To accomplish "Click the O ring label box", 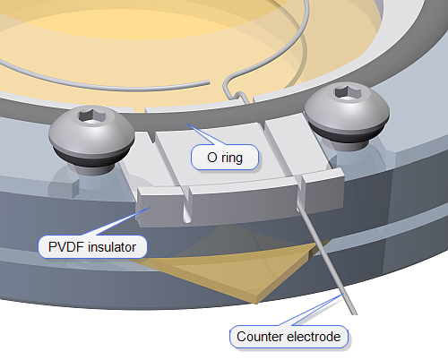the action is pyautogui.click(x=225, y=158).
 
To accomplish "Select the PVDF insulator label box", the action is pyautogui.click(x=92, y=247).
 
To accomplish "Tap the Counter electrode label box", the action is pyautogui.click(x=289, y=337).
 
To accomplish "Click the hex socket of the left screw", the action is pyautogui.click(x=89, y=115).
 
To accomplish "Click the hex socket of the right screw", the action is pyautogui.click(x=348, y=91).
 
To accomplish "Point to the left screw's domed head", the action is pyautogui.click(x=91, y=129).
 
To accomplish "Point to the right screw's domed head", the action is pyautogui.click(x=347, y=106).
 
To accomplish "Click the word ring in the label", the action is pyautogui.click(x=232, y=159).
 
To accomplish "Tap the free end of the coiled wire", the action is pyautogui.click(x=209, y=82).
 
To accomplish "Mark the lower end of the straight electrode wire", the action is pyautogui.click(x=354, y=313).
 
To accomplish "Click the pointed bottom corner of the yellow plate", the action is pyautogui.click(x=255, y=303).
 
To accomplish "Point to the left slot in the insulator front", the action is pyautogui.click(x=186, y=207).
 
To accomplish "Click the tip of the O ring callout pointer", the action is pyautogui.click(x=185, y=123).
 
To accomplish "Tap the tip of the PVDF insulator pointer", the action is pyautogui.click(x=151, y=207).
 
